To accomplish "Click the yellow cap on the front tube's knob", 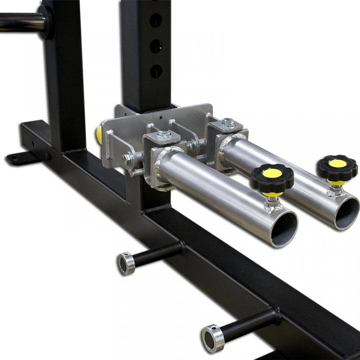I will click(x=272, y=173).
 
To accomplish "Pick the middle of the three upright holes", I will click(x=156, y=46).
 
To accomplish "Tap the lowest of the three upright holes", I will click(x=156, y=71).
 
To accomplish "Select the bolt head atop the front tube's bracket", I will click(x=164, y=133).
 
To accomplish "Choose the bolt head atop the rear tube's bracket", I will click(x=228, y=122).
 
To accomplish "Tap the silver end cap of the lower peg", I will click(x=212, y=338).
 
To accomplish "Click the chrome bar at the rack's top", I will click(x=19, y=22).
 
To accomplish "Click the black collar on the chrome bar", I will click(x=45, y=21).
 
